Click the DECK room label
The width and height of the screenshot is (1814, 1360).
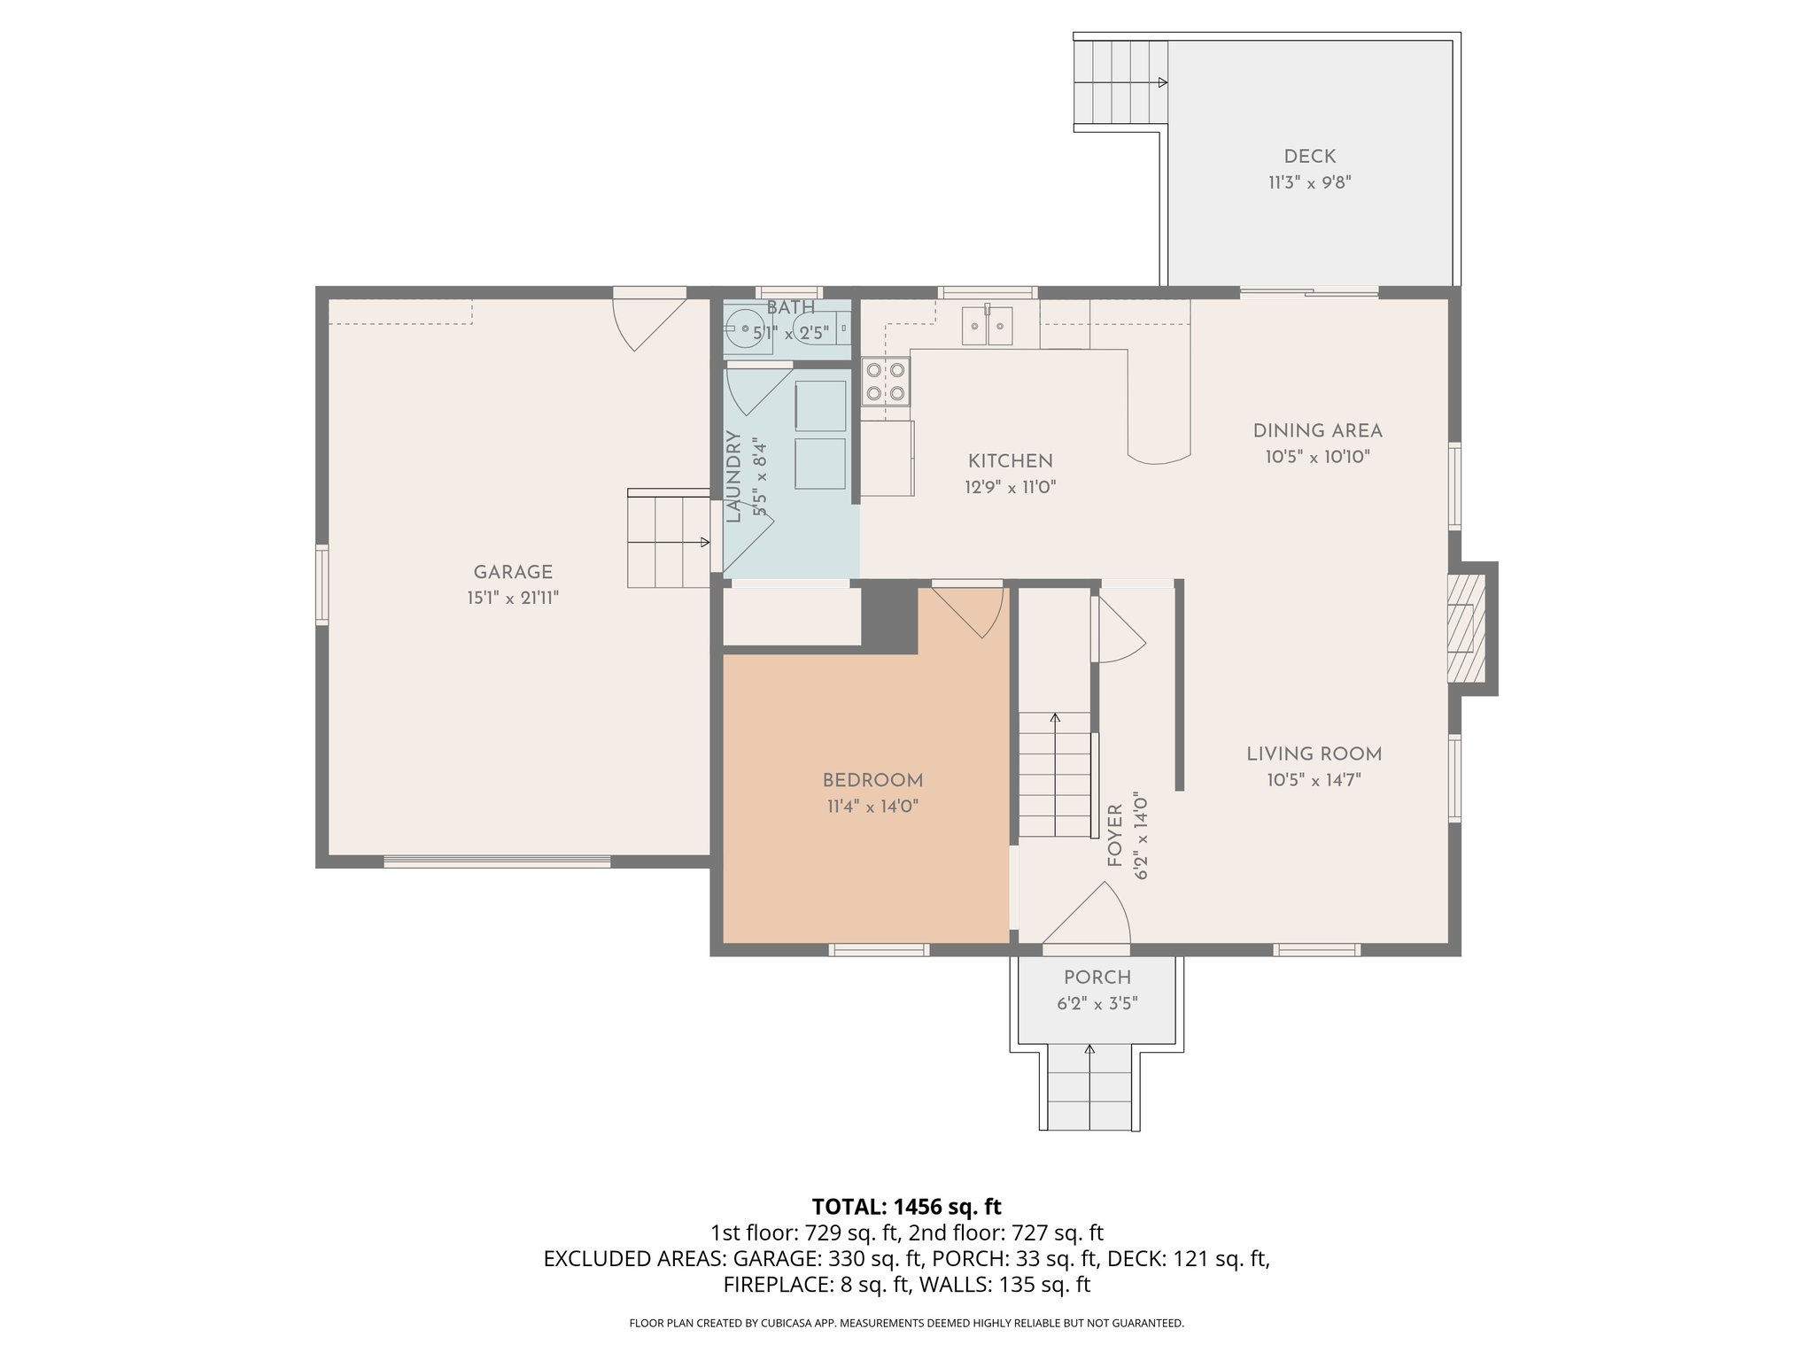point(1309,157)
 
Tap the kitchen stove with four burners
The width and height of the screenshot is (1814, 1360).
point(886,381)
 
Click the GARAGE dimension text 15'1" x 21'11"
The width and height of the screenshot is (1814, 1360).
point(513,599)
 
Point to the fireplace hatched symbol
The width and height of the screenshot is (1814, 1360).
point(1465,629)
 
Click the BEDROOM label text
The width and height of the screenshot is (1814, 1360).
point(872,780)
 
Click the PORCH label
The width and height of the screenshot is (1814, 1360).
point(1097,977)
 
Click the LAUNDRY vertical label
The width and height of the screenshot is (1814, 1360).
point(733,476)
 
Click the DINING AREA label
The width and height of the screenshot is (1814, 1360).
point(1317,431)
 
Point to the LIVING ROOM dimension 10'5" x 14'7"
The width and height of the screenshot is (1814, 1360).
point(1314,780)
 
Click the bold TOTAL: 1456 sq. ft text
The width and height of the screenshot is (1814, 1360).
point(906,1206)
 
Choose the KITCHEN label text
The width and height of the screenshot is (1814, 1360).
point(1010,461)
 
